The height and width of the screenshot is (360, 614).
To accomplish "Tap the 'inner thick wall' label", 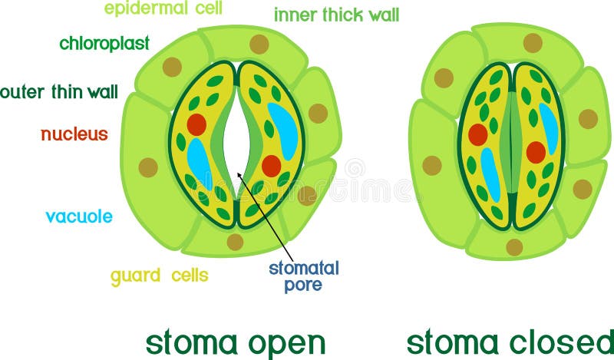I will pos(336,15).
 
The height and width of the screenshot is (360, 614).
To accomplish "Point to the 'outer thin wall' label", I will pos(59,93).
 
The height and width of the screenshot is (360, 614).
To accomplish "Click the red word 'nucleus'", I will pos(74,134).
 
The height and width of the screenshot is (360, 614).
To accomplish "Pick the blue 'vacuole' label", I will pos(79,216).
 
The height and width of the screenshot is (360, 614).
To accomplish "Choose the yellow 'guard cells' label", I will pos(160,275).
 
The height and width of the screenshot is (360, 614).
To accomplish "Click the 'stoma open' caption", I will pos(236,342).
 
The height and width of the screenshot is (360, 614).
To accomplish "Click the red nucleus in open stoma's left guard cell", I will pos(196,124).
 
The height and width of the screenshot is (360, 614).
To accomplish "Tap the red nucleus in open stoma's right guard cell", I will pos(272,165).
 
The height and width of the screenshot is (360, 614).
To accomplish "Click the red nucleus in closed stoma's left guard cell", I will pos(478,134).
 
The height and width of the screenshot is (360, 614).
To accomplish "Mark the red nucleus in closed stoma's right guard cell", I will pos(536,152).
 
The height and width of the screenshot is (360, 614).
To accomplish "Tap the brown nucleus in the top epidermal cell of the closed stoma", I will pos(533,43).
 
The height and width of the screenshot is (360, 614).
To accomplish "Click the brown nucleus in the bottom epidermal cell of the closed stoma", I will pos(514,247).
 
